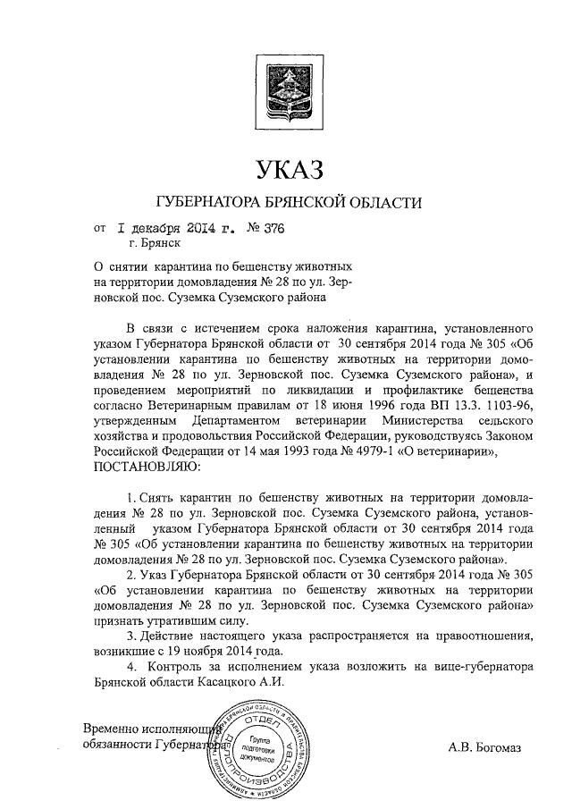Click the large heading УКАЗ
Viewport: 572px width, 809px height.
pos(286,167)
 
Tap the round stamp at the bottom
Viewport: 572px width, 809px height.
pos(259,750)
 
